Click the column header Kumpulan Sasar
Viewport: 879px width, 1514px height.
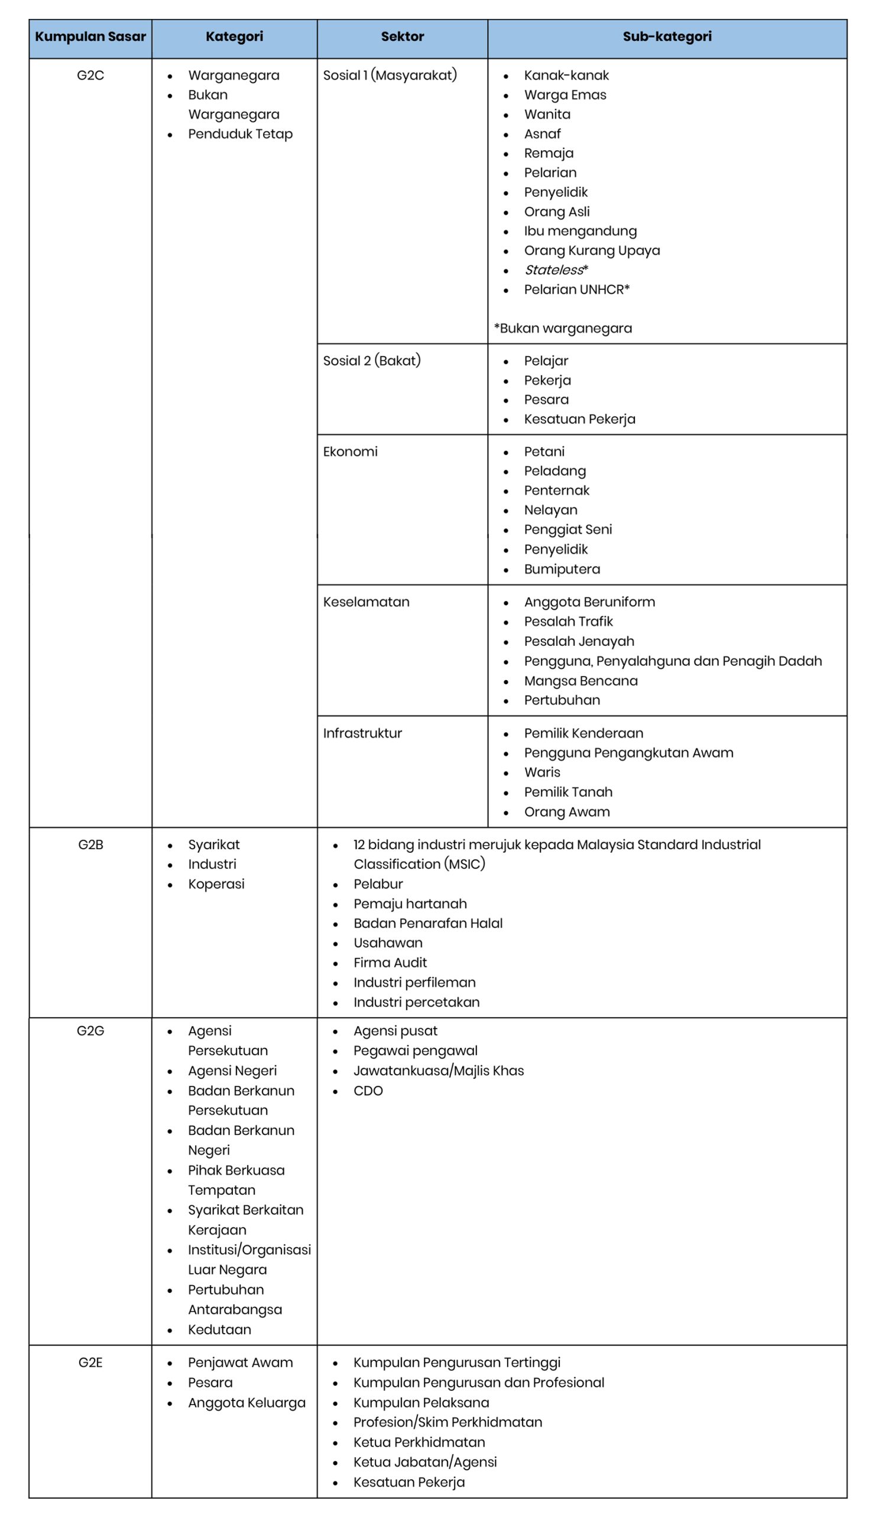[90, 37]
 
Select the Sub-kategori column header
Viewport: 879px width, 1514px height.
[666, 37]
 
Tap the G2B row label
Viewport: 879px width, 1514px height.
[90, 844]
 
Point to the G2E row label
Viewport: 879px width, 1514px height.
[90, 1362]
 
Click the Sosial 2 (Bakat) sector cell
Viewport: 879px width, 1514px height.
[372, 361]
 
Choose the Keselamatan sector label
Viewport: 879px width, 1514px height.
[366, 601]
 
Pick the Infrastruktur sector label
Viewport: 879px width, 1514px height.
[362, 733]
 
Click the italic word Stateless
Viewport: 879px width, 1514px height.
[553, 270]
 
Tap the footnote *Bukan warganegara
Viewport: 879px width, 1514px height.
[563, 328]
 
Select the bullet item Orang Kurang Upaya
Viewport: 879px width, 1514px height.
[591, 251]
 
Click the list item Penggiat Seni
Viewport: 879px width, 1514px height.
[567, 529]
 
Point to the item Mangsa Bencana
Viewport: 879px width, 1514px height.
[580, 681]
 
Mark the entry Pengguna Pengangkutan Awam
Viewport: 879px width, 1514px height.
[628, 753]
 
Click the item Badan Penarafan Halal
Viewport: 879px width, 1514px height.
[427, 923]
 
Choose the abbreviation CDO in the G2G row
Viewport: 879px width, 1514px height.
[368, 1091]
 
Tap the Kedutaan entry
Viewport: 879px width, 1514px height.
[219, 1329]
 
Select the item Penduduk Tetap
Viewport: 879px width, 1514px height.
[240, 134]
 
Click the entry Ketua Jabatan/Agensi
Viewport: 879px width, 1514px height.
[424, 1462]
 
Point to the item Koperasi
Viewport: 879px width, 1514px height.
[216, 884]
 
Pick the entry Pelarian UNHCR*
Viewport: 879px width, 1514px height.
[576, 290]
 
